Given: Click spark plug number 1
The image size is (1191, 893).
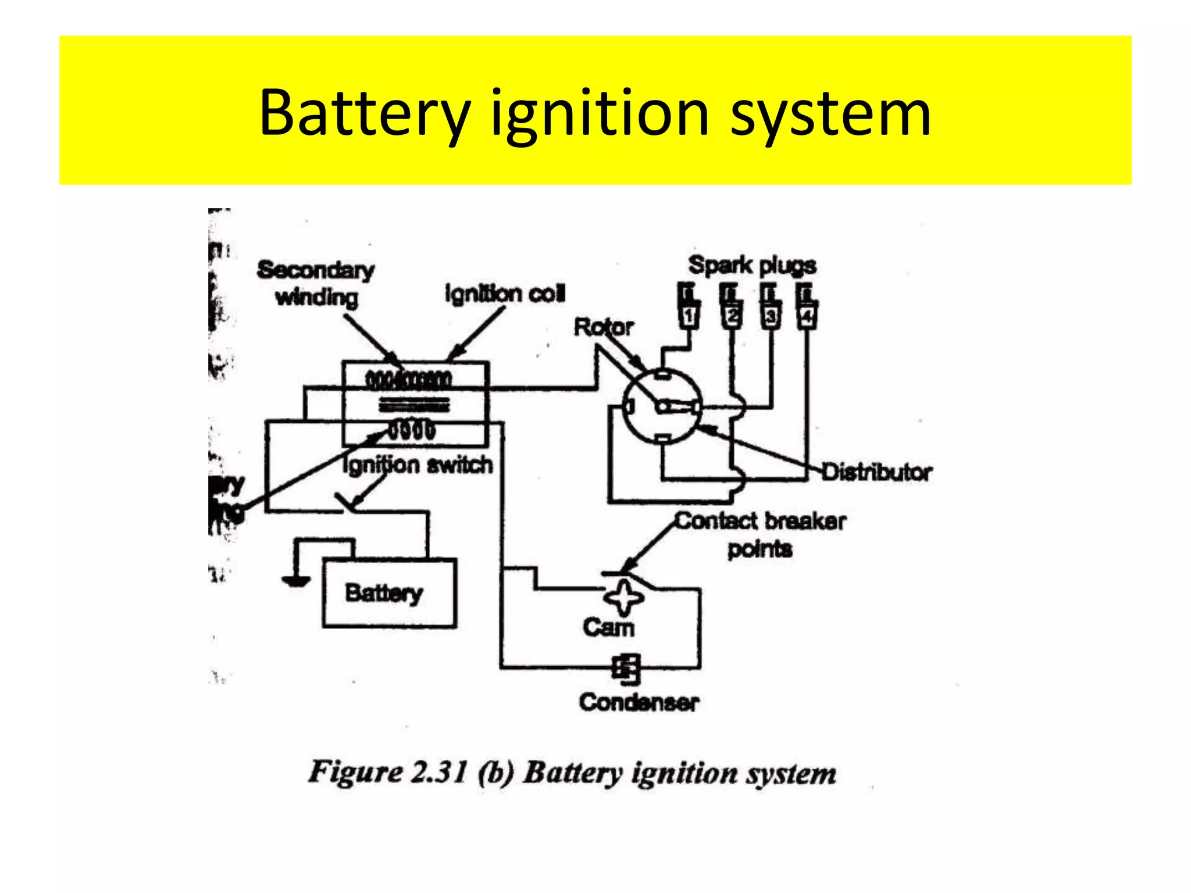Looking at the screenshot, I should coord(689,306).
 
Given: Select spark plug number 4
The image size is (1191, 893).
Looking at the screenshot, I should coord(807,306).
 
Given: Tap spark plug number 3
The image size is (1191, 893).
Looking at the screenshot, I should coord(769,306).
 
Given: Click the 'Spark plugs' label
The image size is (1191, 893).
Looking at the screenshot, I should coord(752,266).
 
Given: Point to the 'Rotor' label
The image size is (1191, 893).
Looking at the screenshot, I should coord(603,327).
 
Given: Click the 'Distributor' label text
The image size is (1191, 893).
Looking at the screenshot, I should coord(876,472).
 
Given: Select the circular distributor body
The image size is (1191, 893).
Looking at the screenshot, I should coord(662,407).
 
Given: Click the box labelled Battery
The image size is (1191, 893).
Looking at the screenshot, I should coord(389,593).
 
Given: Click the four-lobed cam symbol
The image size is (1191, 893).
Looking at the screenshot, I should coord(623,598).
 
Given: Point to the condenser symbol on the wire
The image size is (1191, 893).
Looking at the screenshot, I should coord(626,668).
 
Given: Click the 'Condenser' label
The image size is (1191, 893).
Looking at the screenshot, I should coord(639,702).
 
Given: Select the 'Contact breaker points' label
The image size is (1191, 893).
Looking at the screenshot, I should coord(760,534).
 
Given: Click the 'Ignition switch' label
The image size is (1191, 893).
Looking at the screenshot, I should coord(418,465).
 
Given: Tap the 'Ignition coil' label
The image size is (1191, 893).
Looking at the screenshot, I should coord(505,294).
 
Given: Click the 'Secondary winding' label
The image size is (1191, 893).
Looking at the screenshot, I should coord(316,283).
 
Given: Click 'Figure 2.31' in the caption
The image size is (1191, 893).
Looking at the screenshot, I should coord(387,773).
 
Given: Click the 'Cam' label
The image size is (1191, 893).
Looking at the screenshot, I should coord(608,627).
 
